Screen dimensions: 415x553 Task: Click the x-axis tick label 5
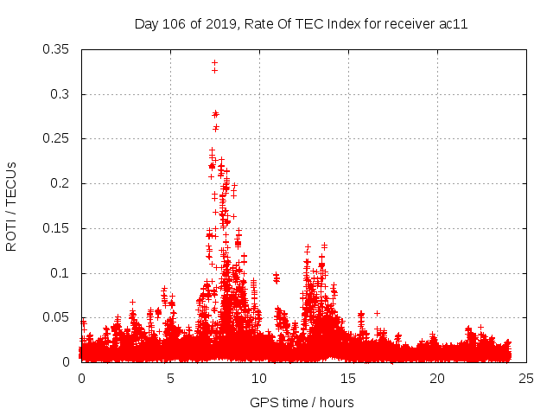170,378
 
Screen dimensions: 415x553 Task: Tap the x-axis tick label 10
259,378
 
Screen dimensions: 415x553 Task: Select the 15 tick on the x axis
348,378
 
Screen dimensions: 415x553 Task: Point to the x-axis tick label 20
437,378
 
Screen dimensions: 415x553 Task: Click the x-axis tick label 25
526,378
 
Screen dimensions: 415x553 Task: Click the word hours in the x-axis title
335,402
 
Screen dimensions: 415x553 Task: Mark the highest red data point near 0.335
214,62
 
